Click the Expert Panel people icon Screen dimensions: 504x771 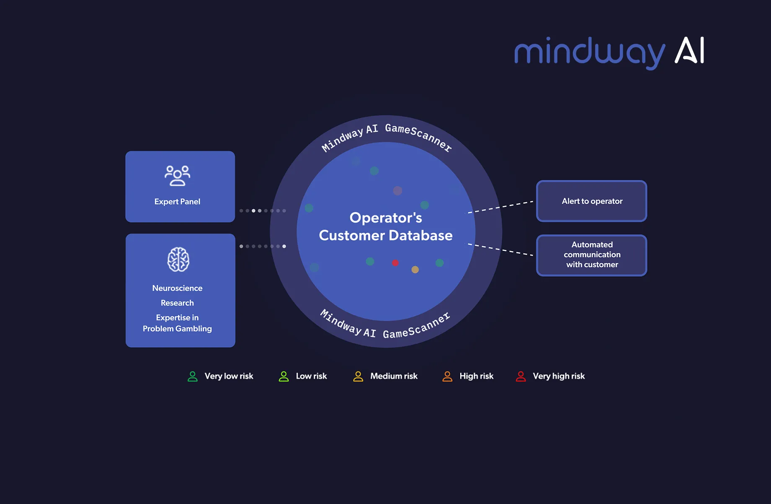[x=177, y=176]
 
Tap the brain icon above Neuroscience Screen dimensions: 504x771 [x=178, y=259]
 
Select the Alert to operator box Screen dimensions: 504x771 [x=591, y=201]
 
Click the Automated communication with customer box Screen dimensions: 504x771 [x=591, y=255]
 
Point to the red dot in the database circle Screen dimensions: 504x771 [x=395, y=263]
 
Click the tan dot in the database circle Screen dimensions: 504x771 [x=415, y=270]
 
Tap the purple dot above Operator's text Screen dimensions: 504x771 [x=397, y=191]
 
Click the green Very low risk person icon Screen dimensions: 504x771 [x=193, y=376]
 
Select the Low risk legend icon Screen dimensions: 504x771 [x=284, y=376]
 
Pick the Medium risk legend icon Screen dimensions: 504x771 [x=358, y=376]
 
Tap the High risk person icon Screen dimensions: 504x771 [x=447, y=376]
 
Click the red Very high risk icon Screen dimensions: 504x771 [x=521, y=376]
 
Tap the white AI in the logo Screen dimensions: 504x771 [x=689, y=50]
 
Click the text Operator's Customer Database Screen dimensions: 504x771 [x=386, y=226]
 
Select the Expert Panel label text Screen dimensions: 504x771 [x=177, y=202]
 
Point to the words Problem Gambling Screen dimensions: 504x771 [x=177, y=329]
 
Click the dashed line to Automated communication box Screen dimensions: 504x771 [x=500, y=249]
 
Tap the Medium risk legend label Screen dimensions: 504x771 [x=394, y=376]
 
